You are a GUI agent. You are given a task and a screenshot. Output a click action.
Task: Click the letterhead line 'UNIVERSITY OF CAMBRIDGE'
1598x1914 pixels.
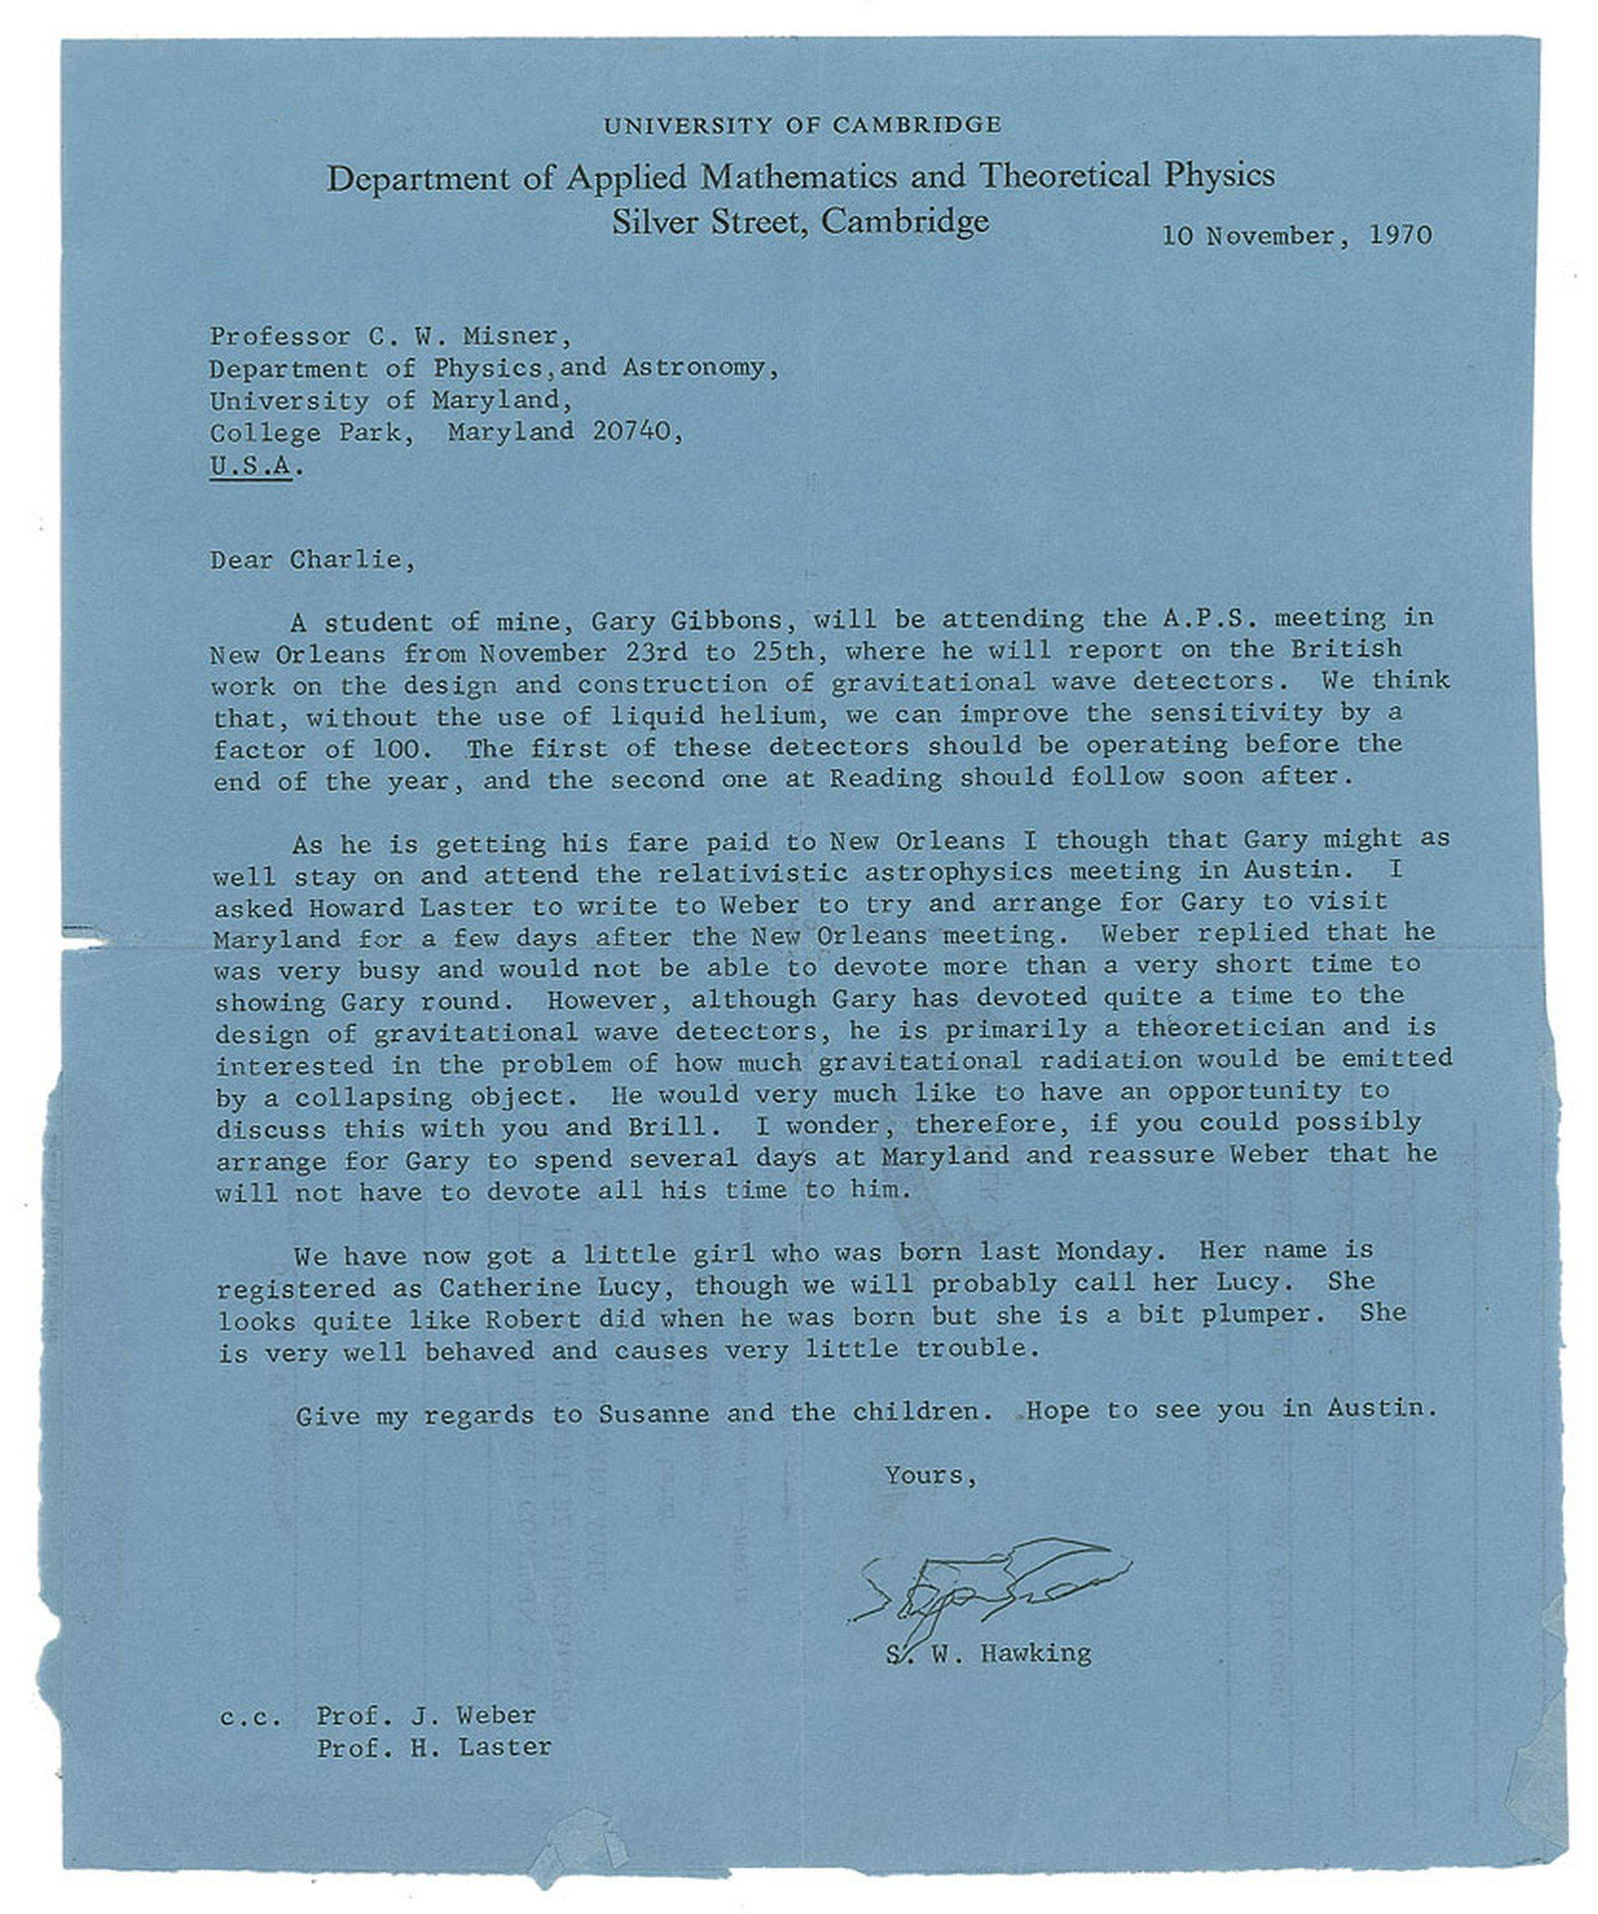(801, 125)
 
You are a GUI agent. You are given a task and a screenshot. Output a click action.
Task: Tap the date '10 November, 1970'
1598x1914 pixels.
(1296, 236)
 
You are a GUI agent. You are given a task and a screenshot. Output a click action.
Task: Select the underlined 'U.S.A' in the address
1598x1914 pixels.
(251, 466)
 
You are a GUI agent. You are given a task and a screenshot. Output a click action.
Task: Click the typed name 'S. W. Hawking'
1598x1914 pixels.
(988, 1653)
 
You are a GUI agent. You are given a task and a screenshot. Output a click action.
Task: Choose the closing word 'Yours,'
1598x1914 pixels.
(930, 1475)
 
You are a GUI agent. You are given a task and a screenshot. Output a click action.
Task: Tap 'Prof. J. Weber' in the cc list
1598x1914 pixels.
(426, 1715)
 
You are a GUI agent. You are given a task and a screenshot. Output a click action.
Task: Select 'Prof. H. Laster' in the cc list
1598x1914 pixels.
(434, 1747)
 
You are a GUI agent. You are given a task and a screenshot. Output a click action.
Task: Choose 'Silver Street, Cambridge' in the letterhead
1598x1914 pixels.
(800, 221)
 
